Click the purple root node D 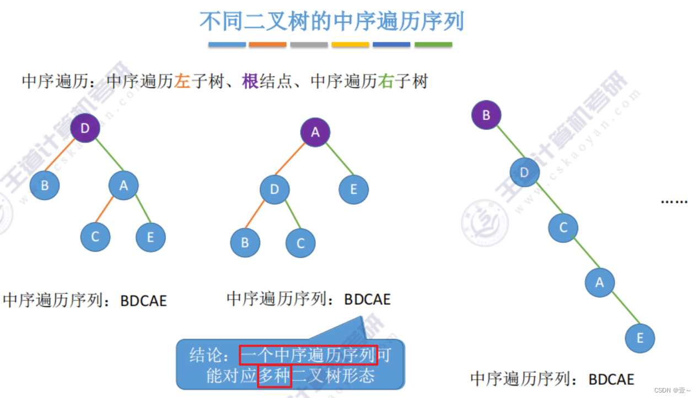tap(85, 128)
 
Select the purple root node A tap(315, 132)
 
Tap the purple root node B tap(486, 115)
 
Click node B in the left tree tap(45, 185)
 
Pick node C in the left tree tap(95, 237)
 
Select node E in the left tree tap(150, 237)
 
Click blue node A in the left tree tap(123, 186)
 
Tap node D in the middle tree tap(275, 190)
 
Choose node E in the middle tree tap(353, 190)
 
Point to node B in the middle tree tap(245, 242)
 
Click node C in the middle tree tap(300, 242)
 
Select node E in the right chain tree tap(639, 337)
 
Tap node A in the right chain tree tap(599, 282)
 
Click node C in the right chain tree tap(563, 227)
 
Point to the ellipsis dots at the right tap(674, 201)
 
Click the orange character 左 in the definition tap(182, 82)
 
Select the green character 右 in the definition tap(385, 82)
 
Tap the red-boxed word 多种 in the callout tap(274, 376)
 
